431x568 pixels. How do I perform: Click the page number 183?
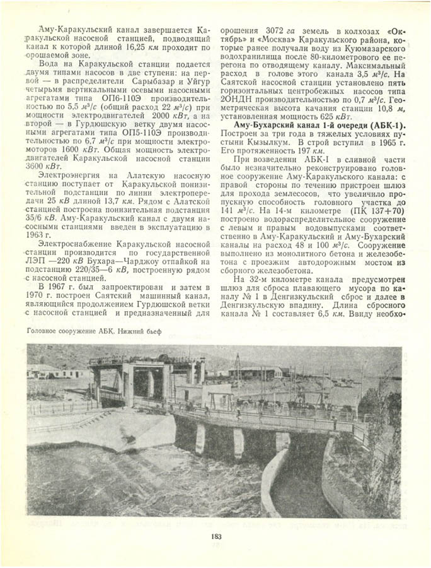(216, 536)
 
